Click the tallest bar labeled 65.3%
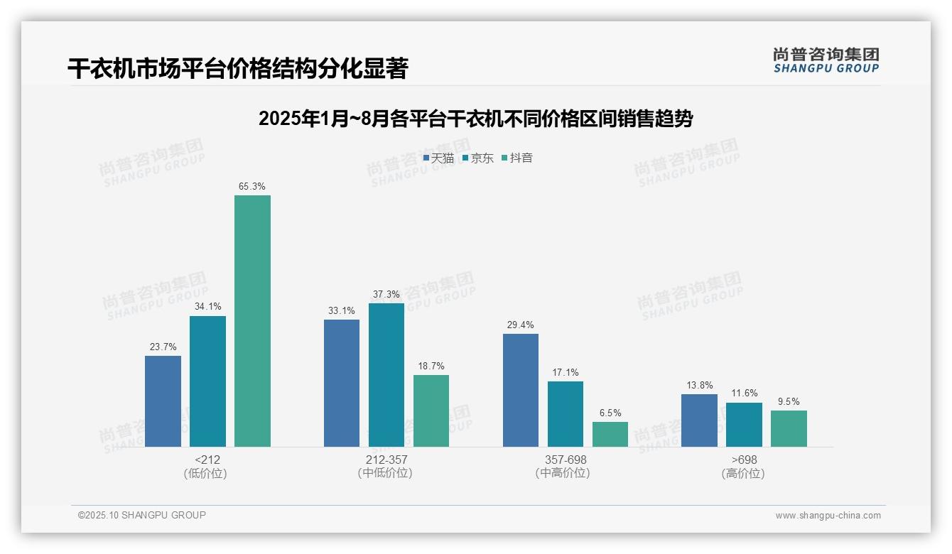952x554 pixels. click(x=252, y=321)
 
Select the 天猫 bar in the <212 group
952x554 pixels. click(x=163, y=401)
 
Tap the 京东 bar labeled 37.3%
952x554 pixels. click(x=386, y=375)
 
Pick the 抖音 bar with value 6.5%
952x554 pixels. click(x=610, y=434)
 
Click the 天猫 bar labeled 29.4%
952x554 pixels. click(x=521, y=390)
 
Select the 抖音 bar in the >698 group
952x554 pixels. click(x=789, y=428)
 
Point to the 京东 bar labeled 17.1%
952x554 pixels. click(x=566, y=414)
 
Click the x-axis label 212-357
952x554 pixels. click(x=386, y=460)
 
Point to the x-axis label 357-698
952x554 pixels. click(x=565, y=460)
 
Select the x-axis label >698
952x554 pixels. click(x=743, y=460)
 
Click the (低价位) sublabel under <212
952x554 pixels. click(x=206, y=473)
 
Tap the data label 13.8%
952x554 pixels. click(x=699, y=386)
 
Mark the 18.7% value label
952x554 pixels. click(x=431, y=366)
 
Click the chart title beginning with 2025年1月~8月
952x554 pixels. click(x=475, y=119)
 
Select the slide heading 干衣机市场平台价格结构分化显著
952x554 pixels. click(x=237, y=69)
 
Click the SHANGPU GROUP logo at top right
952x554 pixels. click(x=826, y=60)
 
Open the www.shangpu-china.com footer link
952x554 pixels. click(x=828, y=516)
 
